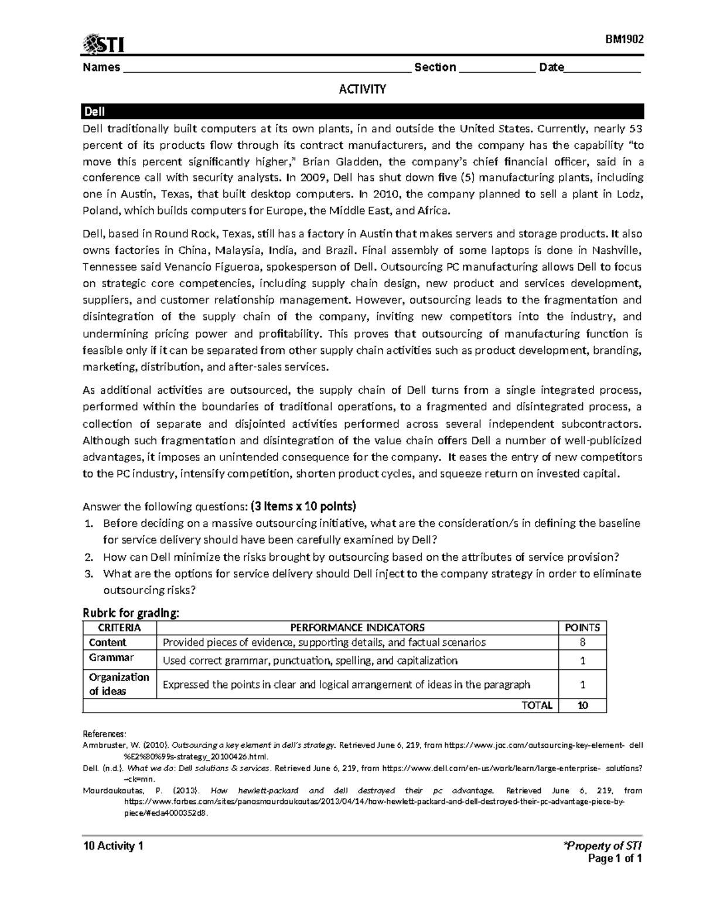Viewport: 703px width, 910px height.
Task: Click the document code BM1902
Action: coord(624,39)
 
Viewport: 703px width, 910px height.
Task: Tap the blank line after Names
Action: coord(267,69)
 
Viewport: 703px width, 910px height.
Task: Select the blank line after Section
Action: coord(497,69)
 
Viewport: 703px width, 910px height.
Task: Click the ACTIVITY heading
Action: coord(363,90)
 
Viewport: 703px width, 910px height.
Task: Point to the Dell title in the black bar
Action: coord(94,111)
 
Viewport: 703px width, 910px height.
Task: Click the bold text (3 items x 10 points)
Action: coord(303,506)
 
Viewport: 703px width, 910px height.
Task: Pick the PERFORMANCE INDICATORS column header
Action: coord(357,628)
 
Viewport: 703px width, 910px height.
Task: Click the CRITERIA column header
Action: coord(120,628)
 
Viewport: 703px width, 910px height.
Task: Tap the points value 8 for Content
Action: coord(582,642)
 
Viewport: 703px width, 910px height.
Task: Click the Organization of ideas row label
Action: coord(119,684)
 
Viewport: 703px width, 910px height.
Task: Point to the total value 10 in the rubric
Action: coord(582,705)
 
